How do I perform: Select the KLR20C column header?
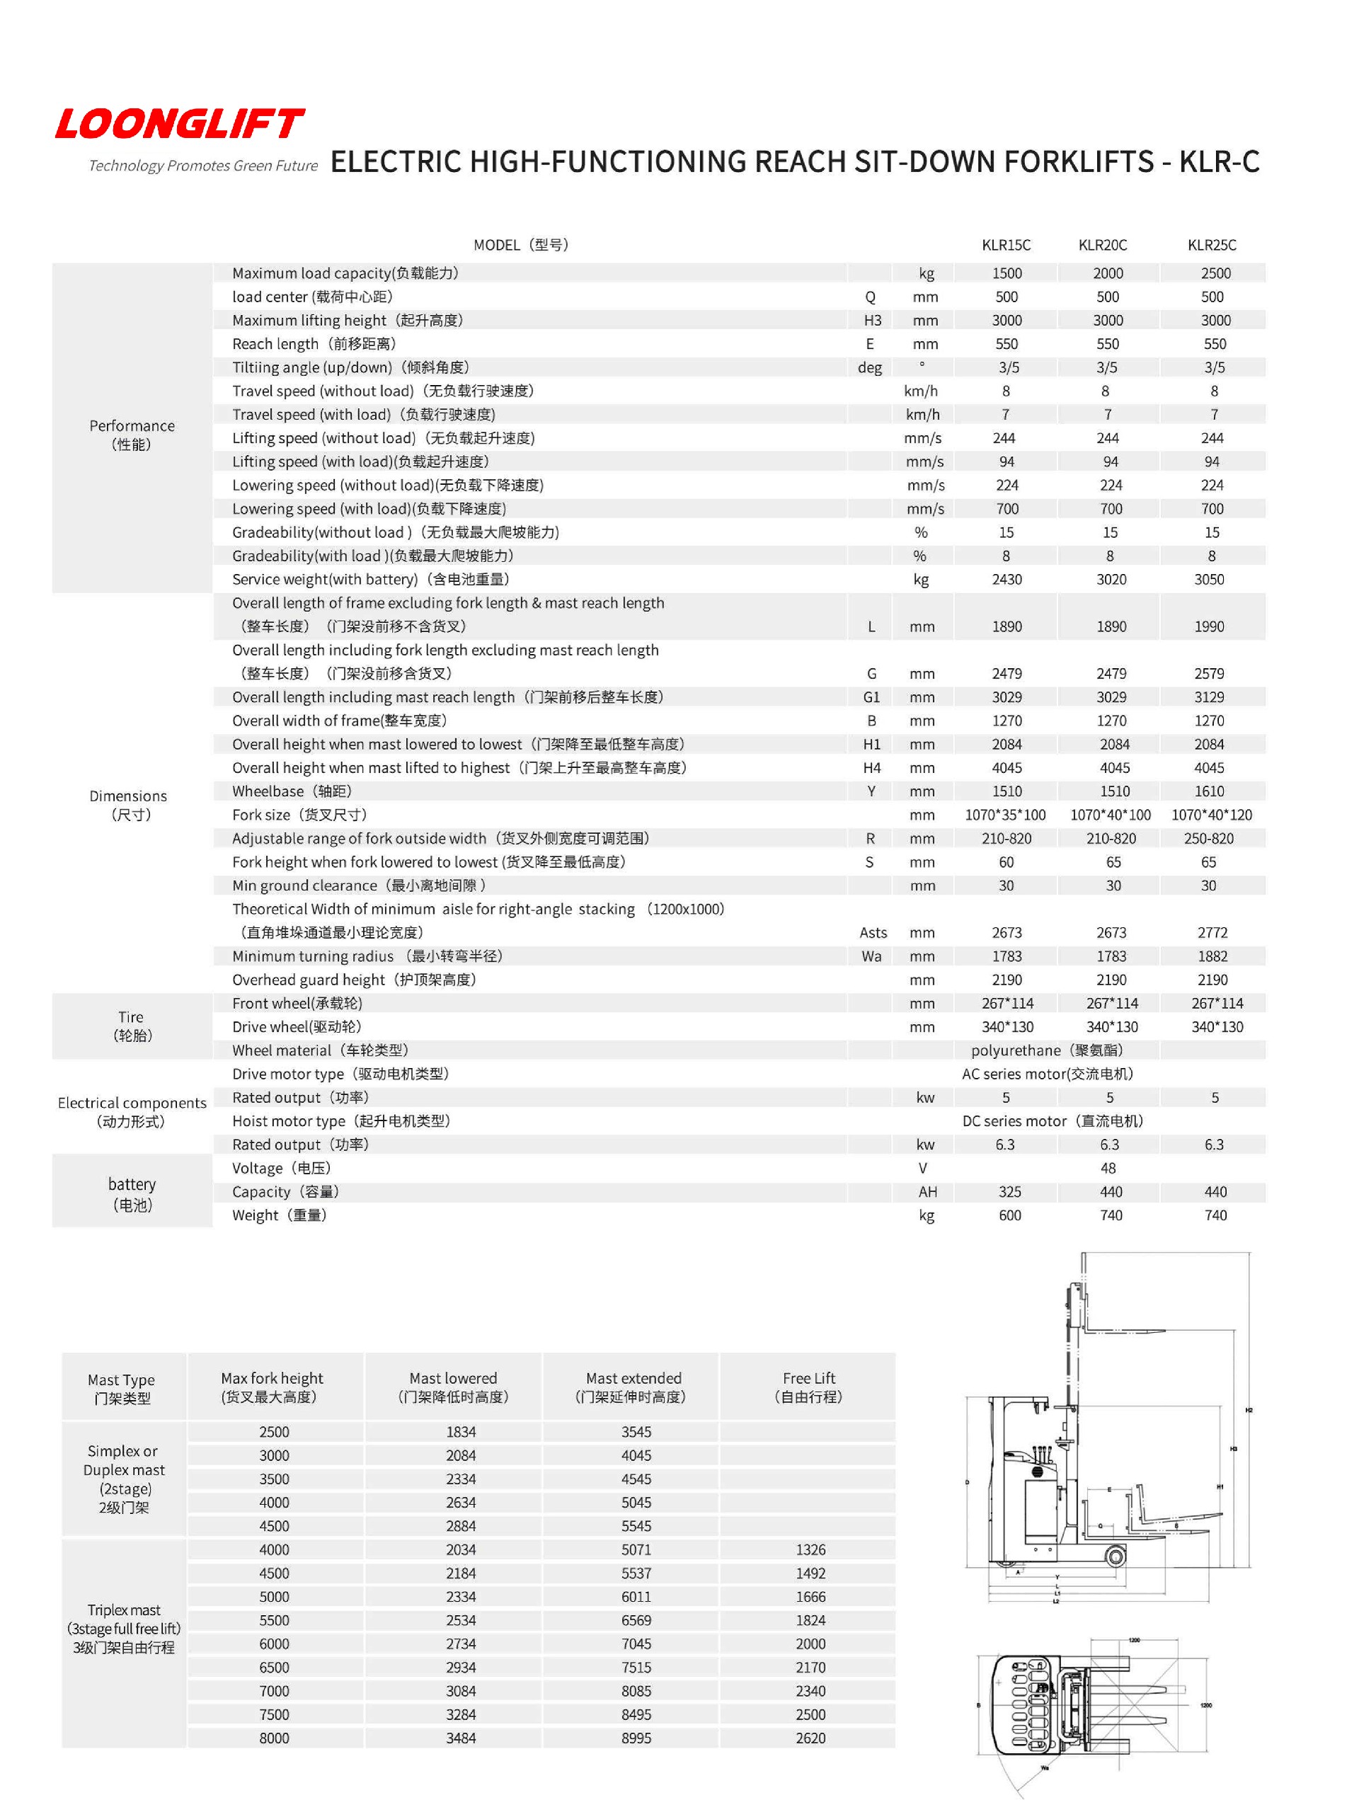tap(1102, 245)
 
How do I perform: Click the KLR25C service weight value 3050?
tap(1208, 579)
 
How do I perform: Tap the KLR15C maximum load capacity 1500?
tap(1006, 273)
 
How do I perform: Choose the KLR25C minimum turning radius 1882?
tap(1212, 956)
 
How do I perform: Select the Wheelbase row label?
tap(291, 791)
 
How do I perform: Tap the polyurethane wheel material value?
tap(1046, 1050)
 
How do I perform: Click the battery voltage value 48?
tap(1108, 1168)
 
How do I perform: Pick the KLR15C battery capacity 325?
tap(1009, 1192)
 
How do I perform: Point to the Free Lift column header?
tap(808, 1387)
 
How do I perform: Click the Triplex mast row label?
tap(124, 1628)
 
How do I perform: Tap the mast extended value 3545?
tap(636, 1432)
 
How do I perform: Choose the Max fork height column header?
tap(271, 1387)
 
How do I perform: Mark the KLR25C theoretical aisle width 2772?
tap(1212, 932)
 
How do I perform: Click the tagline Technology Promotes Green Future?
tap(202, 166)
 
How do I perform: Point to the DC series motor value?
tap(1052, 1120)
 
